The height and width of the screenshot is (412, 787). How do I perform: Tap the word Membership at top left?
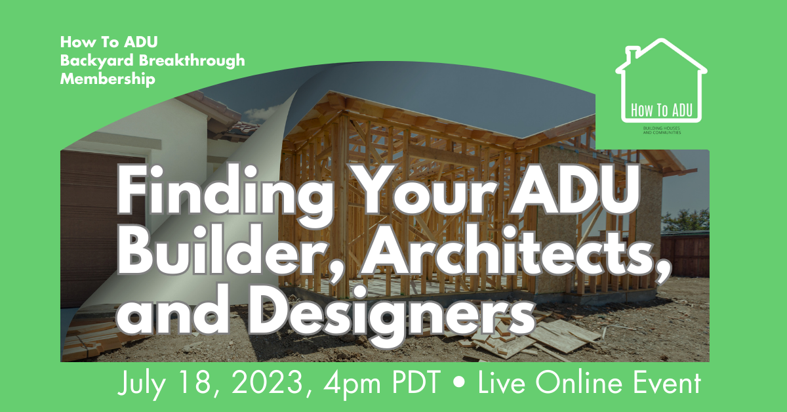coord(108,78)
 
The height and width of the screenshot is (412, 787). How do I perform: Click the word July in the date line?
coord(142,383)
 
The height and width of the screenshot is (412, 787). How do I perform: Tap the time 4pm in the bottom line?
coord(352,384)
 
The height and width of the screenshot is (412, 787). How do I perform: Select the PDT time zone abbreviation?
coord(416,382)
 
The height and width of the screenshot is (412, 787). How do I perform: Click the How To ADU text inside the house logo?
coord(662,110)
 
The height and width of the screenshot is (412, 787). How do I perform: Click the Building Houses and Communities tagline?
coord(662,131)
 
